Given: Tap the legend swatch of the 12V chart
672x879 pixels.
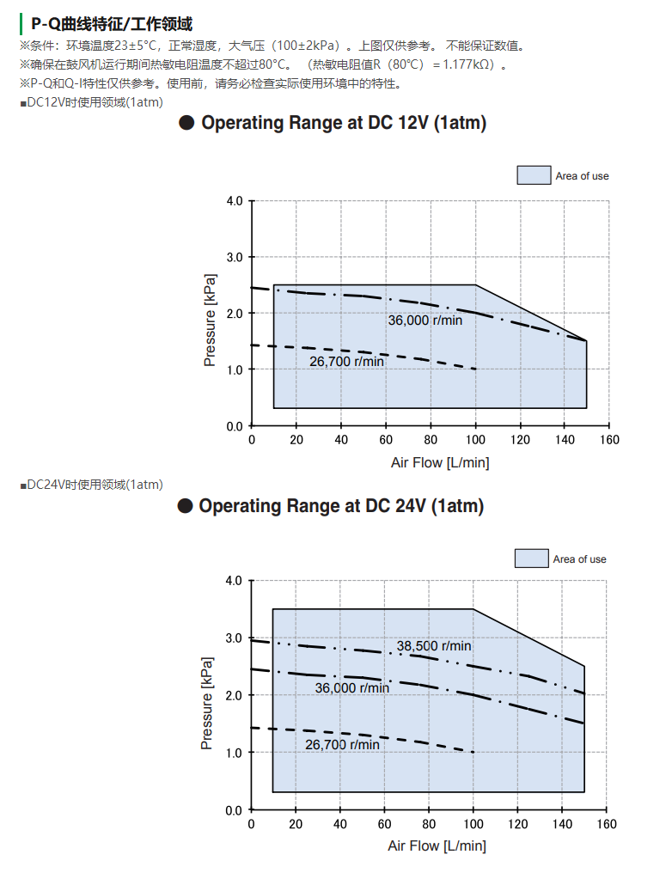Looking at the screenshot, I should point(534,175).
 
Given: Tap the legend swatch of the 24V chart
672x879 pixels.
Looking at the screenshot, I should point(532,559).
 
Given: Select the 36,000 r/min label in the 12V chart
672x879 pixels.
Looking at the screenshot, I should point(425,320).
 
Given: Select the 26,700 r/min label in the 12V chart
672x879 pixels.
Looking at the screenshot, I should point(346,362).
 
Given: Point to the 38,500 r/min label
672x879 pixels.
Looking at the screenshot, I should point(434,646).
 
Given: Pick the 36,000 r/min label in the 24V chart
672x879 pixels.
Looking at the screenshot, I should point(351,688).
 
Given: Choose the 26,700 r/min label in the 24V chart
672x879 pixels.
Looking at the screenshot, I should point(342,745).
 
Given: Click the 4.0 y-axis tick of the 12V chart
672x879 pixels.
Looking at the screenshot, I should point(235,202).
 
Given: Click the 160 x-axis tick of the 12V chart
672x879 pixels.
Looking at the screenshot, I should point(608,441).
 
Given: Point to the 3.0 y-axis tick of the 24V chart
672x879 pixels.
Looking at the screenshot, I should point(234,638).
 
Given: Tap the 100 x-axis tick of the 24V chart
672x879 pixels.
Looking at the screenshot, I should point(473,825).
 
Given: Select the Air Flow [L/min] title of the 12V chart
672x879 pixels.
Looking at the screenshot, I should point(440,463).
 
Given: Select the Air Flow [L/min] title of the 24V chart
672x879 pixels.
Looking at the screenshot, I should point(437,846).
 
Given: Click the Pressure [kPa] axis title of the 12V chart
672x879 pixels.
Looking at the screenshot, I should point(210,320).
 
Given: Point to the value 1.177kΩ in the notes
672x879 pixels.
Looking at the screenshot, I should point(471,64).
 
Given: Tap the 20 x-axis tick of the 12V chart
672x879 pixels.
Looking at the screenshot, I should point(296,441).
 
